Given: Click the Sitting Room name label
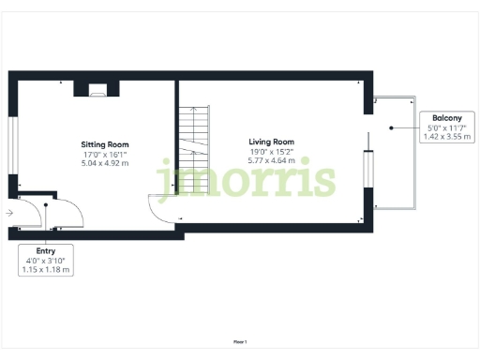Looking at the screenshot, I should [104, 144].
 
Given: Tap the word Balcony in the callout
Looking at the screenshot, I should [445, 118].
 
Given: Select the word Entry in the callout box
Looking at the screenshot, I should [46, 251].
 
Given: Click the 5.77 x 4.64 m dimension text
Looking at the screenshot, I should [271, 160].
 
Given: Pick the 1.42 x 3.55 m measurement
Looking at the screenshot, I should [445, 136].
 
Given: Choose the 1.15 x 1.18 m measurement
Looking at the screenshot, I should [46, 269].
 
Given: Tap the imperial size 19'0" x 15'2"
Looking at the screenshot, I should [271, 152].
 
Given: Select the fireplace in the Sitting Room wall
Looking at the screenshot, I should [97, 90].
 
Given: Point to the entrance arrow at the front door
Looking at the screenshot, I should [8, 214].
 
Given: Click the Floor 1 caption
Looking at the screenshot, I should [240, 342].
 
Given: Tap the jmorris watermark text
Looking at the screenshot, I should [246, 178].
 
